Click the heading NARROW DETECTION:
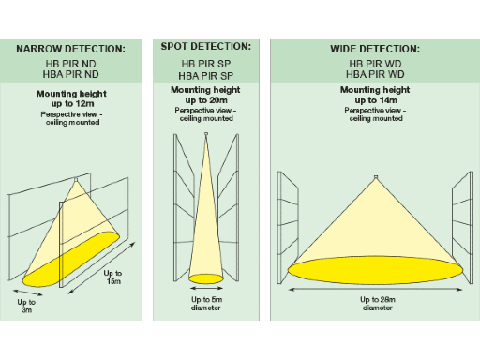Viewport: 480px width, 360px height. click(70, 49)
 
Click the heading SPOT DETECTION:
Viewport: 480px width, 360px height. click(206, 47)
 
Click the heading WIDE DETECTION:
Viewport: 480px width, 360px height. click(375, 49)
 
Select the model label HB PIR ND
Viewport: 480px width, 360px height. click(70, 64)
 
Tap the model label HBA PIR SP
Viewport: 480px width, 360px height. click(206, 76)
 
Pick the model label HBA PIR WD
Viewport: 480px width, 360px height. click(375, 74)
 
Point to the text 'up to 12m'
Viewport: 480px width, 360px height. click(73, 103)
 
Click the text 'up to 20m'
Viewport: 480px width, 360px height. click(206, 100)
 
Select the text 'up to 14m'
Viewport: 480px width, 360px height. click(376, 100)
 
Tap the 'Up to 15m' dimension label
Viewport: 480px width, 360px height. click(112, 277)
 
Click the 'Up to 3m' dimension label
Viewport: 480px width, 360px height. click(26, 306)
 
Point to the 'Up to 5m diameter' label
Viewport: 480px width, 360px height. click(206, 304)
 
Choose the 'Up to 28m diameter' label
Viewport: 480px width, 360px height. click(378, 304)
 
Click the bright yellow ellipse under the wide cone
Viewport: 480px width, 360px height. click(375, 270)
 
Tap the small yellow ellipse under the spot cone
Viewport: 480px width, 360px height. click(206, 278)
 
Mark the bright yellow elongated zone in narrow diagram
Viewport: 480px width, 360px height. click(71, 260)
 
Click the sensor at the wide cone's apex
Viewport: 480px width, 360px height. click(376, 177)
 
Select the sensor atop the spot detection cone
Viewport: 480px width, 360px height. click(206, 134)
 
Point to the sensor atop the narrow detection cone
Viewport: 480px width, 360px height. click(76, 180)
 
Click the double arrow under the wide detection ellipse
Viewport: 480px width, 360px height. click(375, 290)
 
